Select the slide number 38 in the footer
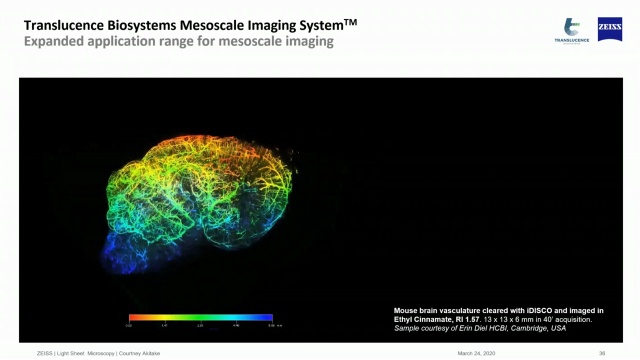click(602, 353)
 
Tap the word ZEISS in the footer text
click(45, 353)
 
